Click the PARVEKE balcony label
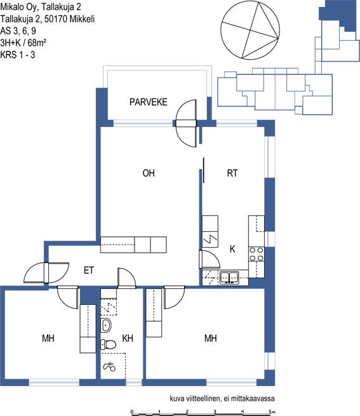click(149, 102)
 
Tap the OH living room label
click(149, 173)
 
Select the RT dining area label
click(232, 173)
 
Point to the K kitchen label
click(232, 249)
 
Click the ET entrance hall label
click(89, 271)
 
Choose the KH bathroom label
click(128, 339)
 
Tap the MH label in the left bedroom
click(48, 339)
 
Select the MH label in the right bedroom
click(210, 339)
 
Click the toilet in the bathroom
click(108, 344)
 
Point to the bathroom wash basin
click(106, 325)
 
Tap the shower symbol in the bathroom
click(109, 367)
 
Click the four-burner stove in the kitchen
click(257, 254)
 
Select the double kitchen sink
click(229, 278)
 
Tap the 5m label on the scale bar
click(272, 412)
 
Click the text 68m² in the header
click(37, 43)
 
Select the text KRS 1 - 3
click(18, 55)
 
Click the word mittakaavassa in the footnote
click(252, 398)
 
